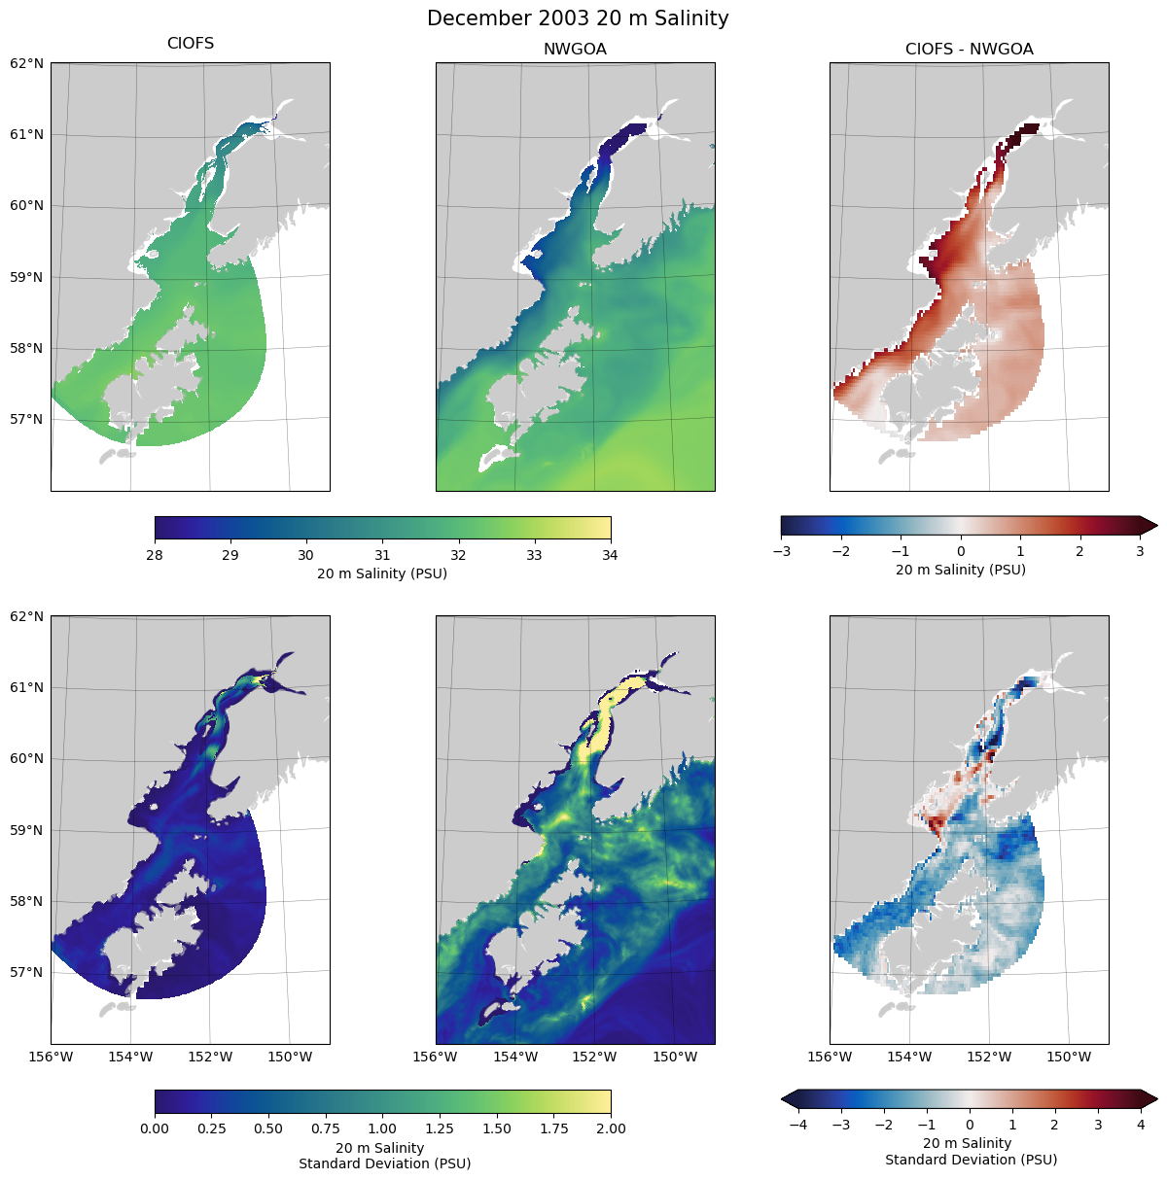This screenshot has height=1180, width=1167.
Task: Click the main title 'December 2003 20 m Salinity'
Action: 578,18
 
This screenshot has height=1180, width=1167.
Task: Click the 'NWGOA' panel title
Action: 575,49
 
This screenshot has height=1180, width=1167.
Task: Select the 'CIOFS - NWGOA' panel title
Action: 969,49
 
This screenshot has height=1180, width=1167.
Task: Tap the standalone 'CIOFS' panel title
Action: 191,44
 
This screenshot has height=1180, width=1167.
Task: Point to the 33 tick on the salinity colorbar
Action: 534,555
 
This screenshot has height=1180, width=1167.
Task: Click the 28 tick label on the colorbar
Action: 155,555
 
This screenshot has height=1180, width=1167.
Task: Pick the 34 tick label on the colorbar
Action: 610,555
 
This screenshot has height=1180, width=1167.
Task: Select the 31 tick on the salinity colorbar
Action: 382,555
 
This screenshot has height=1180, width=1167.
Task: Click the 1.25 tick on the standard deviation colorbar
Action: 440,1128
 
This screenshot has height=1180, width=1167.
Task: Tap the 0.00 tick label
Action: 155,1128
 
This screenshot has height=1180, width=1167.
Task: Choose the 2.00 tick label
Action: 610,1128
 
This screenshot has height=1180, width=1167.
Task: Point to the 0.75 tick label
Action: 326,1128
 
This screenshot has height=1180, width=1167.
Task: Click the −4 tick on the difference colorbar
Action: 797,1125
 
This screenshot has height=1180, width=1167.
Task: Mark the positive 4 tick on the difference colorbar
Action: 1141,1125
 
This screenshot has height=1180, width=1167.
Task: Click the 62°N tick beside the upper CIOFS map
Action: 27,63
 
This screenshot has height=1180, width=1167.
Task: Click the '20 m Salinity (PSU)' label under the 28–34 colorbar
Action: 382,573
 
